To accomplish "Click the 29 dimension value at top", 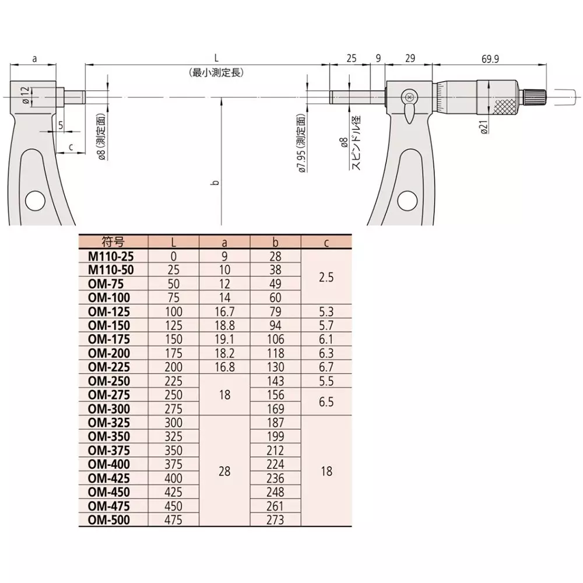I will click(410, 59).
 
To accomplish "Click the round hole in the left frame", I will click(35, 201).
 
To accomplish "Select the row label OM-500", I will click(108, 520).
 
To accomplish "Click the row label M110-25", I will click(108, 256).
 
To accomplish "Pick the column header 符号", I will click(113, 242).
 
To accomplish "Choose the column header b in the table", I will click(275, 242).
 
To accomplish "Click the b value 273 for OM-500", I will click(275, 520).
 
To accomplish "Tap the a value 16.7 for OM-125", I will click(224, 311).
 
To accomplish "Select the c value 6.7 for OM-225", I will click(326, 367).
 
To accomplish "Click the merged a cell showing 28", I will click(224, 471).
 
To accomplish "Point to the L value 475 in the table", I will click(174, 520).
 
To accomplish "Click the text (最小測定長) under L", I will click(216, 73).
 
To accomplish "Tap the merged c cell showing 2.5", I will click(326, 277).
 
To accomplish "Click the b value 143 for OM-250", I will click(275, 381).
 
